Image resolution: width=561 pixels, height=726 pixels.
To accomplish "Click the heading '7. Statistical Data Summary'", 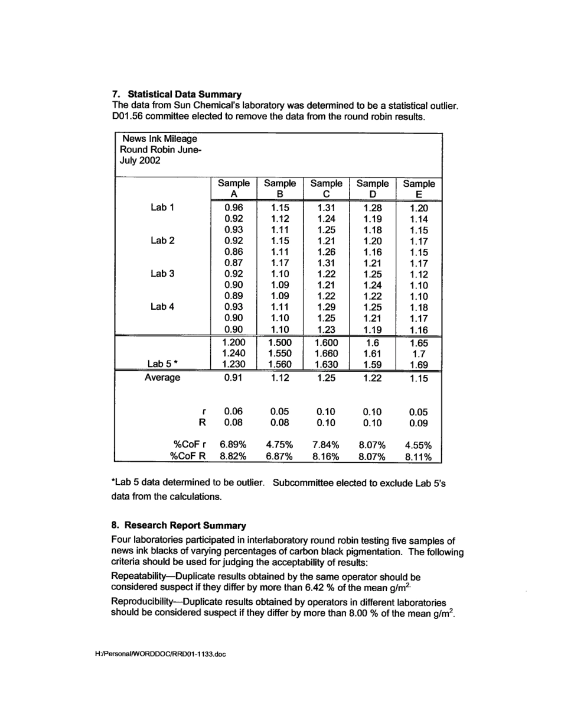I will (176, 94).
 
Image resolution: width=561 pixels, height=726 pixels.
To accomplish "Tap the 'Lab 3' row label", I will (162, 274).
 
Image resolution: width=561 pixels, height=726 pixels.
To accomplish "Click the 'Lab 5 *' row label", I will (162, 364).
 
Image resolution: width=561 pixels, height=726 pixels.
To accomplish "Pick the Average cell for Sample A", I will (234, 377).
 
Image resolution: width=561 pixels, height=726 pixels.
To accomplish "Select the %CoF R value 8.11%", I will (418, 456).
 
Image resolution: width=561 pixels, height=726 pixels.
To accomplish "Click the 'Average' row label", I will (162, 377).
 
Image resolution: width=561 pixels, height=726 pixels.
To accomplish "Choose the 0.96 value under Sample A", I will (234, 208).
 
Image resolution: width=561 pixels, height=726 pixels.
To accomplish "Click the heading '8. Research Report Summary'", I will (178, 525).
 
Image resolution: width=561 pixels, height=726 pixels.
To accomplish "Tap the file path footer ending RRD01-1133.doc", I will (161, 654).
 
